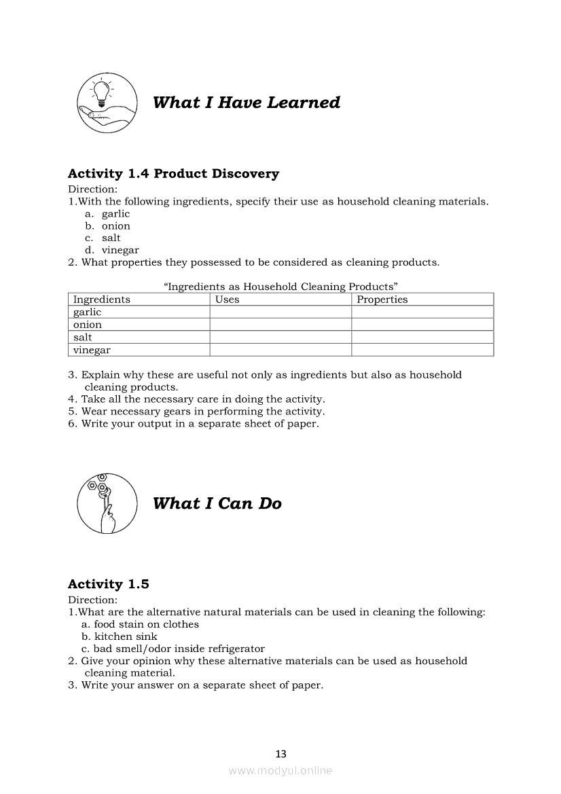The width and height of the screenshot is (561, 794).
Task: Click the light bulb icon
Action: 104,101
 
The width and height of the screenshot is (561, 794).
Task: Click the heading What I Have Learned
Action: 247,103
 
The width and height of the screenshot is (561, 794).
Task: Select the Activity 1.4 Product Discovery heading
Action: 173,174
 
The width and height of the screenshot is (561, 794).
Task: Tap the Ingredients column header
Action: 102,300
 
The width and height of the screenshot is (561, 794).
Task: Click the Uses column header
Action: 228,300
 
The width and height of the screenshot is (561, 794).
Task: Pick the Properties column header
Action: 382,300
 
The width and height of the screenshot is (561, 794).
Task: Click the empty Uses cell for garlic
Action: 280,312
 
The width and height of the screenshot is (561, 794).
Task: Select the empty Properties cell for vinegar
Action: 422,350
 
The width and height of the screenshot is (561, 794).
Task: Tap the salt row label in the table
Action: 83,338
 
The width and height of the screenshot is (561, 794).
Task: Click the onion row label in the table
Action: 88,325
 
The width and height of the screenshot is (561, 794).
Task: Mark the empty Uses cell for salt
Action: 280,338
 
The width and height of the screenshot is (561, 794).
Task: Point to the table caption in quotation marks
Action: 280,287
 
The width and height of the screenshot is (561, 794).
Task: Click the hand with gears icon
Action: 104,503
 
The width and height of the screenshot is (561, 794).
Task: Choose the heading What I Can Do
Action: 217,504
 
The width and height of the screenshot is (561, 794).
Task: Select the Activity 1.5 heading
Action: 109,584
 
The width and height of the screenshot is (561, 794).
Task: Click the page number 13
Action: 281,753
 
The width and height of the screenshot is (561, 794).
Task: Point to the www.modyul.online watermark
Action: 280,770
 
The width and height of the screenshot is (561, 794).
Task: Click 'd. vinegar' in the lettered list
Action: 112,250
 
